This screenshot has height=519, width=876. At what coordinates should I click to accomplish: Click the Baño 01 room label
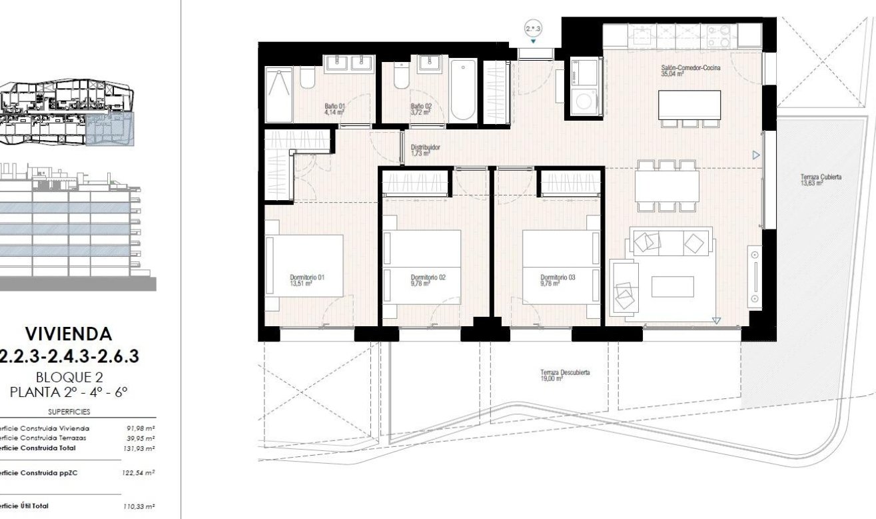click(x=334, y=109)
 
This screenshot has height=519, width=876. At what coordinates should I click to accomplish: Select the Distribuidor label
click(x=425, y=150)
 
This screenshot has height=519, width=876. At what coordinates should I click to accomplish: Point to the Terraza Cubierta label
click(x=821, y=180)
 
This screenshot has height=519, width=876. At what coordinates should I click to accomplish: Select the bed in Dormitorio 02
click(x=422, y=268)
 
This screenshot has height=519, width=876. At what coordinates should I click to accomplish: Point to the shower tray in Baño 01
click(x=278, y=95)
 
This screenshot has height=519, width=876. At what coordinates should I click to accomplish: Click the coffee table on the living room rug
click(x=671, y=286)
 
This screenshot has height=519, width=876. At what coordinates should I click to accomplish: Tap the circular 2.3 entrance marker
click(x=534, y=29)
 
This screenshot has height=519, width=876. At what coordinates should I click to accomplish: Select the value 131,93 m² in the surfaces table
click(x=141, y=448)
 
